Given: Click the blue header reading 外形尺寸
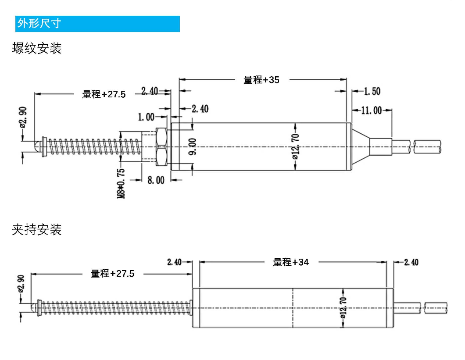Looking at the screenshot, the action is point(97,24).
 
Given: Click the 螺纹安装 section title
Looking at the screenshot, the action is point(37,48).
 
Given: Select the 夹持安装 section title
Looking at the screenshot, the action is point(37,229).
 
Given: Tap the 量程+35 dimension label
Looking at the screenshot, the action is point(261,80).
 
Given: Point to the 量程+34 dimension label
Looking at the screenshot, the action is point(290,262).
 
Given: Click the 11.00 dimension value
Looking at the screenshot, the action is point(371,110).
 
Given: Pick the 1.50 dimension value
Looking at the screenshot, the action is point(372,91).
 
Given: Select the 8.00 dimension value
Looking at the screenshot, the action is point(156,180).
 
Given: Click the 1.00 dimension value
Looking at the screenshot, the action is point(146,117).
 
